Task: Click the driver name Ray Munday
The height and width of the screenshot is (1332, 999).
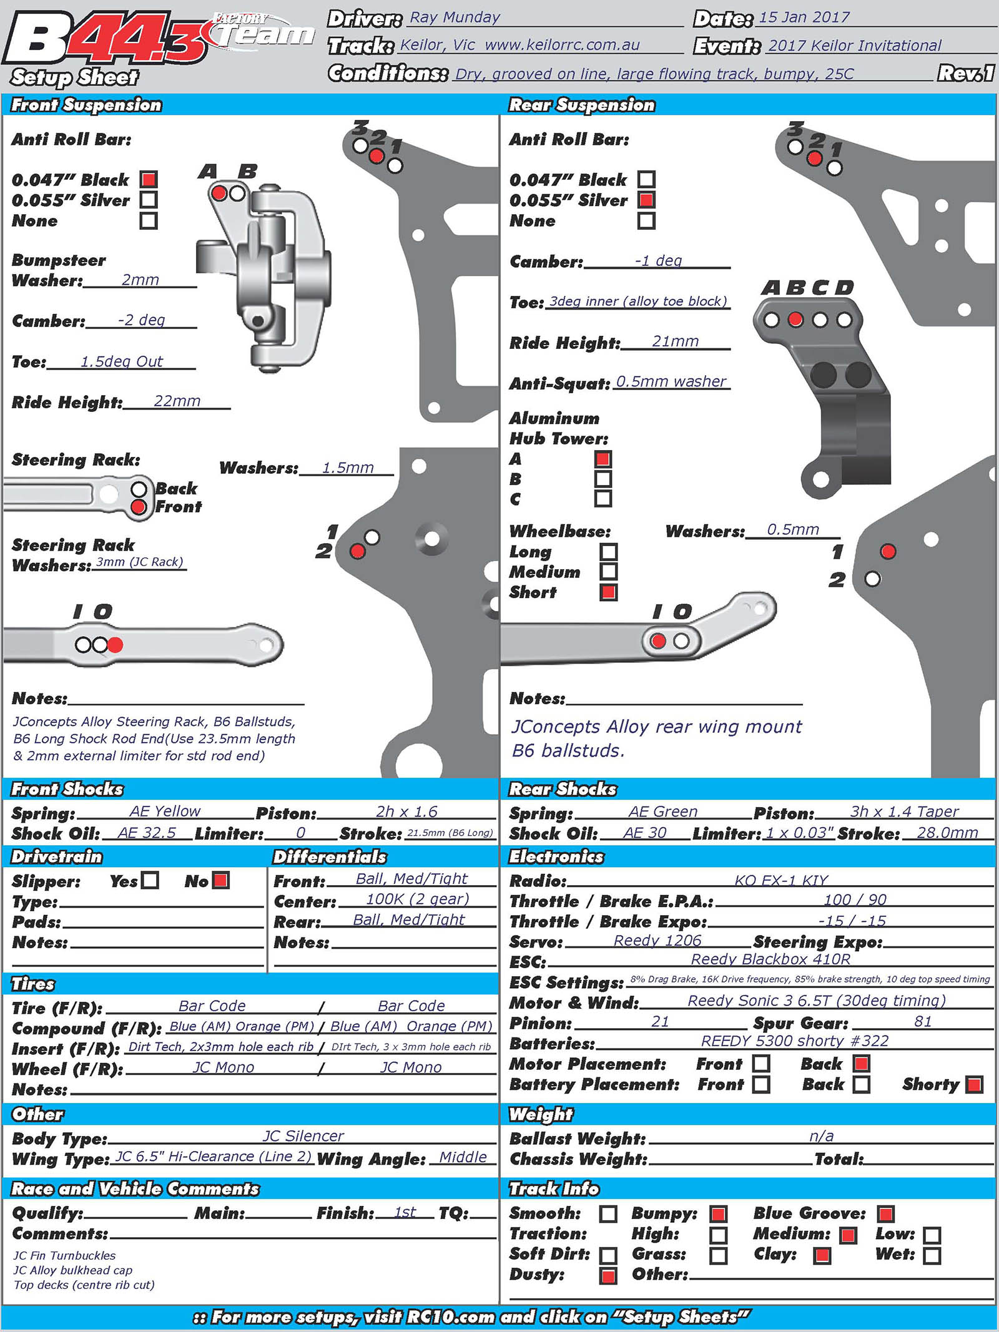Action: tap(455, 18)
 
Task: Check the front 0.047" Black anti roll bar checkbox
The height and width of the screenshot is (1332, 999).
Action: tap(149, 180)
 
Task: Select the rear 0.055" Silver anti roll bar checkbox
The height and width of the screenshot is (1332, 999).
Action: tap(646, 200)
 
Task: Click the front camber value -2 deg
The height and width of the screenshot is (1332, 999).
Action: tap(142, 320)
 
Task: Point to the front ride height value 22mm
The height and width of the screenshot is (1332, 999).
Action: tap(177, 401)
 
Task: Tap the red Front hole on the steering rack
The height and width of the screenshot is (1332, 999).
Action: tap(139, 507)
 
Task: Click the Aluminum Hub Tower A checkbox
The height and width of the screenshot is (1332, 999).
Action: tap(603, 459)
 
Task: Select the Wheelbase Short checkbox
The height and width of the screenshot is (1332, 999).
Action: tap(608, 592)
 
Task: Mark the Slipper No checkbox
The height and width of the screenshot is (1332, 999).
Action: tap(221, 880)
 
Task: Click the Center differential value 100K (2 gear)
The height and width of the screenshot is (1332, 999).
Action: tap(417, 899)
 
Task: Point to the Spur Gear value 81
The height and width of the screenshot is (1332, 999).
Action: tap(923, 1022)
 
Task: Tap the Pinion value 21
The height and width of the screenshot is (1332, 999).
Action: tap(660, 1022)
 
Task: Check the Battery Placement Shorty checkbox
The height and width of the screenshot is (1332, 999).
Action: tap(974, 1085)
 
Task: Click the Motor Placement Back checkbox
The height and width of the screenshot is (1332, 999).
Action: tap(862, 1064)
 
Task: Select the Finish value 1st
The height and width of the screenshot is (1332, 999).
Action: tap(405, 1212)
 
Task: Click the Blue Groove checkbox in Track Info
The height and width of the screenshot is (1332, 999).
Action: tap(886, 1214)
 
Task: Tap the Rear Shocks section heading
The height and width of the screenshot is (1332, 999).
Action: tap(563, 790)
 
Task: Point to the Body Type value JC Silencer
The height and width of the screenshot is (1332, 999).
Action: tap(303, 1136)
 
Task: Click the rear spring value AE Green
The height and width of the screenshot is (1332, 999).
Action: tap(662, 811)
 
